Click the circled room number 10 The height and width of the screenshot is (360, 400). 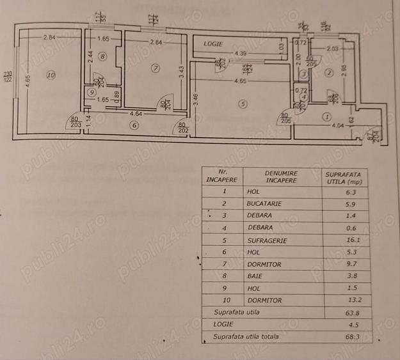click(x=51, y=75)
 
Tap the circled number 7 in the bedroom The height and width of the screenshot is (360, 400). click(x=155, y=67)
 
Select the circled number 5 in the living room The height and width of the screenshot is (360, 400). click(x=243, y=103)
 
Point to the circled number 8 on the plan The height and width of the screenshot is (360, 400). click(x=101, y=58)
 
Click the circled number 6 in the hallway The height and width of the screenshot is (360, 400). click(x=134, y=125)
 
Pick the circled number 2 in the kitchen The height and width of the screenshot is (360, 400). click(x=329, y=73)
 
